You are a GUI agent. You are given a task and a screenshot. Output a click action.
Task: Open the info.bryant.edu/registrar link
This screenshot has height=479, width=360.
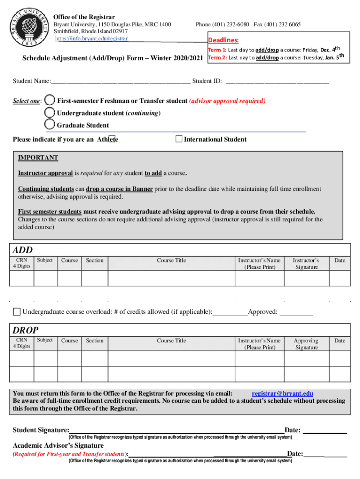(92, 38)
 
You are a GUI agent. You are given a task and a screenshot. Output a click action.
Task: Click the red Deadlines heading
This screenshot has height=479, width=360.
(223, 40)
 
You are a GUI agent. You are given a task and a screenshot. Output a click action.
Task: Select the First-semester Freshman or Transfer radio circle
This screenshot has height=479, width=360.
(49, 101)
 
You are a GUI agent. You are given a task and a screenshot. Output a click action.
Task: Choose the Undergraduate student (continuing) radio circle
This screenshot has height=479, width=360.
(50, 113)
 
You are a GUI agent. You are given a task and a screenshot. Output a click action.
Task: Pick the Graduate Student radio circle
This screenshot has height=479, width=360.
(50, 125)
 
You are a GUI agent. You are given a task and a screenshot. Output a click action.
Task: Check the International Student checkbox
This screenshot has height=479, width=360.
(179, 139)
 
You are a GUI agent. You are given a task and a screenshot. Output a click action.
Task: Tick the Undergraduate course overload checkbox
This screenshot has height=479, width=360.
(17, 312)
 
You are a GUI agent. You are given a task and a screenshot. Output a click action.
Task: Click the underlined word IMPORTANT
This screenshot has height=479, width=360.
(38, 158)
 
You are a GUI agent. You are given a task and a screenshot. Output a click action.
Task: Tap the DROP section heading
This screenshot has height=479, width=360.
(25, 330)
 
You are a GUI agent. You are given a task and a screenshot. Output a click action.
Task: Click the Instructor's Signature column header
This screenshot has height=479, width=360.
(306, 263)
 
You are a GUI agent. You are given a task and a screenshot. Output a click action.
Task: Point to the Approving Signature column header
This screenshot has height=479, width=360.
(306, 344)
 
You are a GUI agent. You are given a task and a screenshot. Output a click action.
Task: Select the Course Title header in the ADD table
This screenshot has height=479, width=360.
(171, 260)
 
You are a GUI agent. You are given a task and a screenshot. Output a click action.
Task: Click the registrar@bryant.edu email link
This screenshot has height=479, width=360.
(282, 394)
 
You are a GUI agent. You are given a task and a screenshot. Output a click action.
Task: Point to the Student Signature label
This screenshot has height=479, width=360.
(41, 430)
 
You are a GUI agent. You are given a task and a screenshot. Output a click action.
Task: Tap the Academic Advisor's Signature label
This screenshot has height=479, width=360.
(58, 445)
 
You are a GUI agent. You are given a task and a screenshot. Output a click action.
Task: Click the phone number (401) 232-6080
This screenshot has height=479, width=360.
(222, 24)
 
